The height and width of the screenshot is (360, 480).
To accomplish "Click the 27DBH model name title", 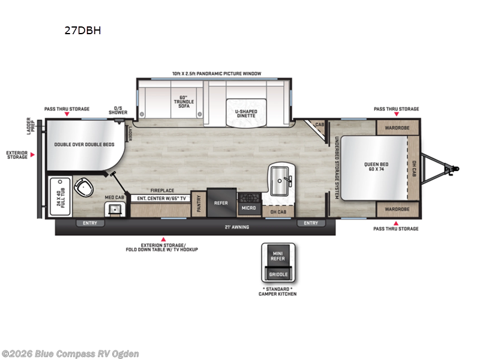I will pyautogui.click(x=82, y=31).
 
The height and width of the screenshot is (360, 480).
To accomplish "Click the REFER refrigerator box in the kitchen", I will pyautogui.click(x=221, y=203).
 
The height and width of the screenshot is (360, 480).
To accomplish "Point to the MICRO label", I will pyautogui.click(x=250, y=208).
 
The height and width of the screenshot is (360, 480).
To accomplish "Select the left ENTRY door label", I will pyautogui.click(x=90, y=223).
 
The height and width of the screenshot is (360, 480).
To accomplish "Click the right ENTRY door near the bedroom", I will pyautogui.click(x=311, y=223).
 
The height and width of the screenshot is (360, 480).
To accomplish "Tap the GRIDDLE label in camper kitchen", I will pyautogui.click(x=278, y=274).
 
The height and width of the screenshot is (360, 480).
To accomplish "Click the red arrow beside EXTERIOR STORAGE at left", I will pyautogui.click(x=33, y=155).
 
